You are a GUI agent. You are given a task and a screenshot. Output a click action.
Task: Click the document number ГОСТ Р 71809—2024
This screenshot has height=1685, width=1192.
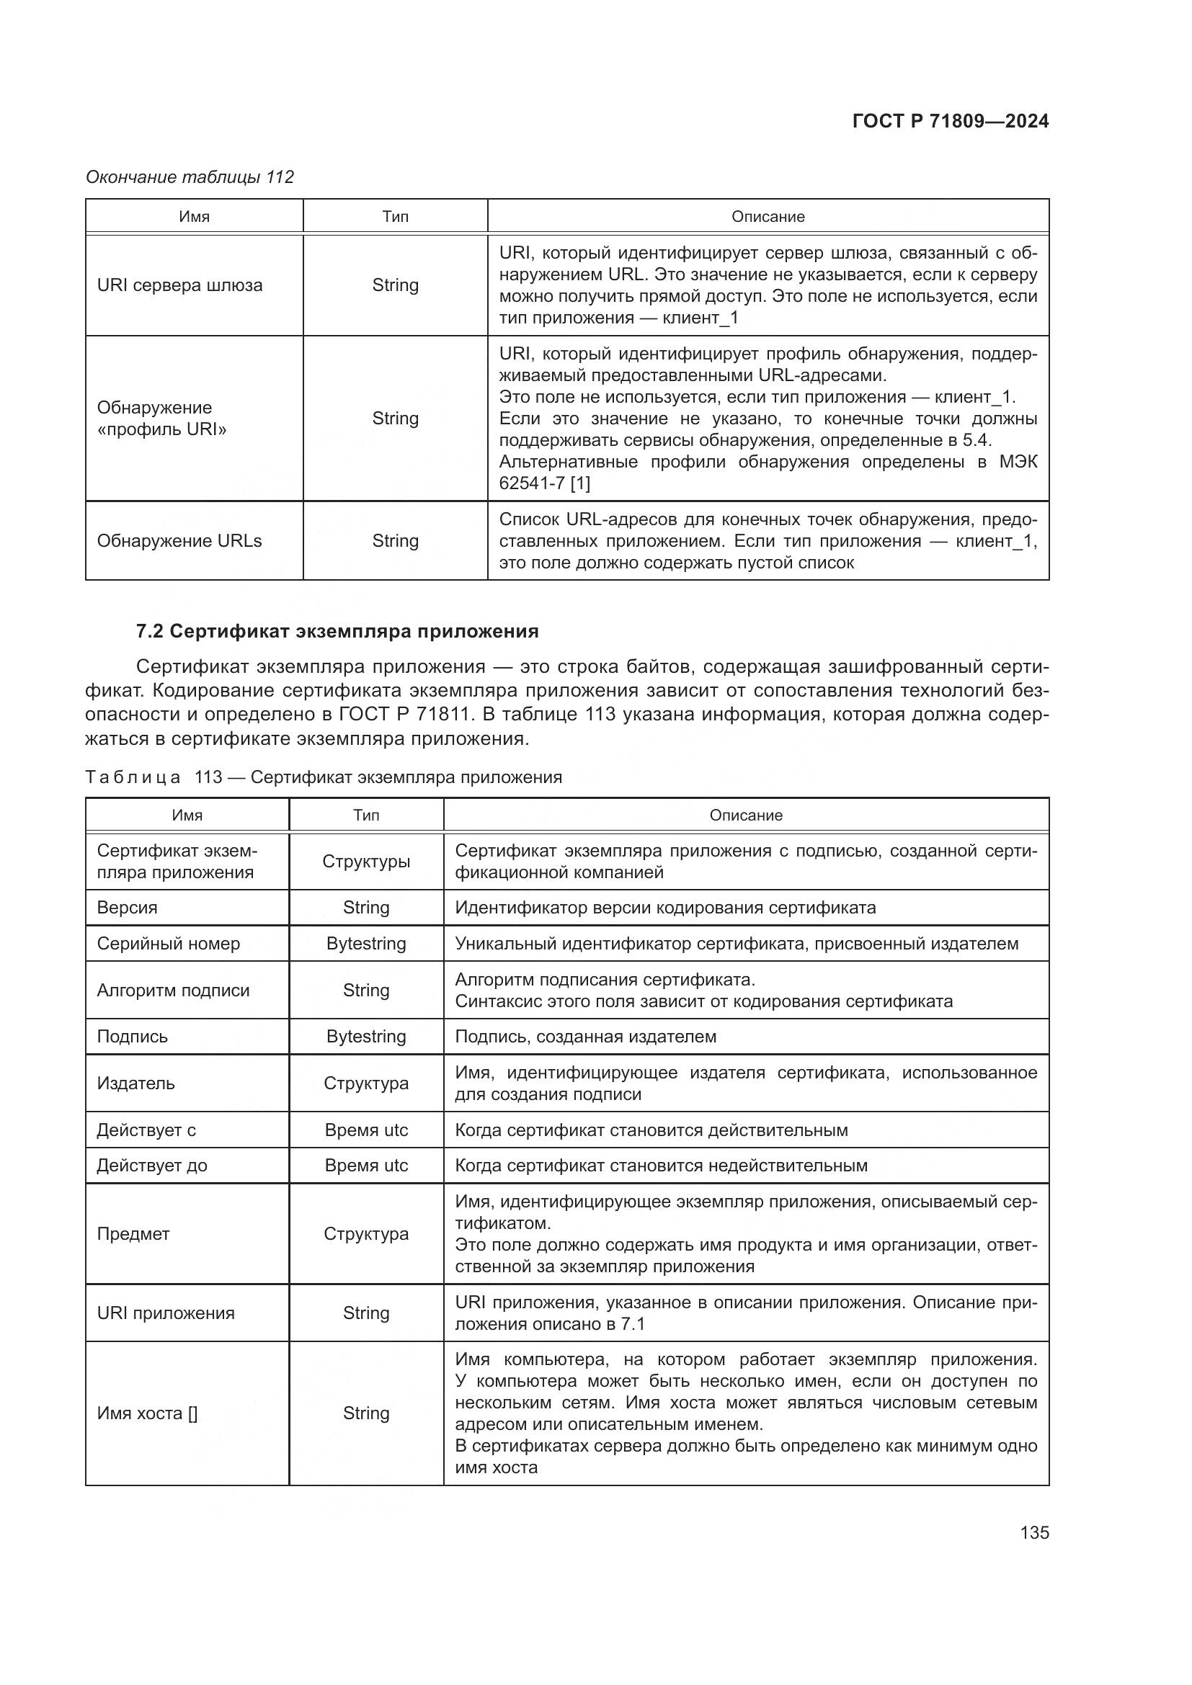pos(950,121)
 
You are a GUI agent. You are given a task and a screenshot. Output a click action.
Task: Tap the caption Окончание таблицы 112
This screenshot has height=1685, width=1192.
pos(190,177)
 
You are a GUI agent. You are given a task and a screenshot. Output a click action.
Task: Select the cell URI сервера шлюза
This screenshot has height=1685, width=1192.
pos(180,285)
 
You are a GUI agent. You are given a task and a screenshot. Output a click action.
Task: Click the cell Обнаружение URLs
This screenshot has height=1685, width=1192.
pos(179,541)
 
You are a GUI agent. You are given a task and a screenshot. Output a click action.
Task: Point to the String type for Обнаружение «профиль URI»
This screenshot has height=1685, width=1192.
pos(395,419)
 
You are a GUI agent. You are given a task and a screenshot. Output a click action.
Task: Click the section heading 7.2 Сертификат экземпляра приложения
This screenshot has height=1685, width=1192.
pos(337,631)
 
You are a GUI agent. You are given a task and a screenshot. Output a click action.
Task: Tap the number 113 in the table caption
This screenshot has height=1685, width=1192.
pos(208,777)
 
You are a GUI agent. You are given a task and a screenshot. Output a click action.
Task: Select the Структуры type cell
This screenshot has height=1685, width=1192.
pos(365,862)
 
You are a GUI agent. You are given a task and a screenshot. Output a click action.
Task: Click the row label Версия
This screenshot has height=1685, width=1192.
pos(127,908)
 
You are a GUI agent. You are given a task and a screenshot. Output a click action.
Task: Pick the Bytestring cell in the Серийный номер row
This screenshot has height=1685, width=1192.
pos(365,944)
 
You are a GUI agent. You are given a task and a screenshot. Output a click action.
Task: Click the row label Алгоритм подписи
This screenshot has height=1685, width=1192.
pos(173,991)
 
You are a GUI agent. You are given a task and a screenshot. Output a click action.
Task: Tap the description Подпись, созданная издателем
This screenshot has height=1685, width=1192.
pos(585,1037)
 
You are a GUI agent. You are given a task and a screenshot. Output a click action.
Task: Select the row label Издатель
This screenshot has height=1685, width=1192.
pos(135,1083)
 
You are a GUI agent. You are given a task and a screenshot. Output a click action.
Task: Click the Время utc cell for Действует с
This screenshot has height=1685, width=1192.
pos(365,1130)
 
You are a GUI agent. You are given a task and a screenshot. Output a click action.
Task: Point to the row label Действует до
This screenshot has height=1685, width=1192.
pos(152,1166)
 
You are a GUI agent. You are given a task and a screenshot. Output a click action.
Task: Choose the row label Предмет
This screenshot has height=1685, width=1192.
pos(133,1233)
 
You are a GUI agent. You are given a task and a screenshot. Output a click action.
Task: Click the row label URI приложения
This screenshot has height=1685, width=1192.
pos(166,1313)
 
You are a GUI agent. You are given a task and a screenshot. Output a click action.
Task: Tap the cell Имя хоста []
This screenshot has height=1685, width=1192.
pos(147,1413)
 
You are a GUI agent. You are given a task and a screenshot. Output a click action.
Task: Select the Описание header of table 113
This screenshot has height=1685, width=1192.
pos(746,815)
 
